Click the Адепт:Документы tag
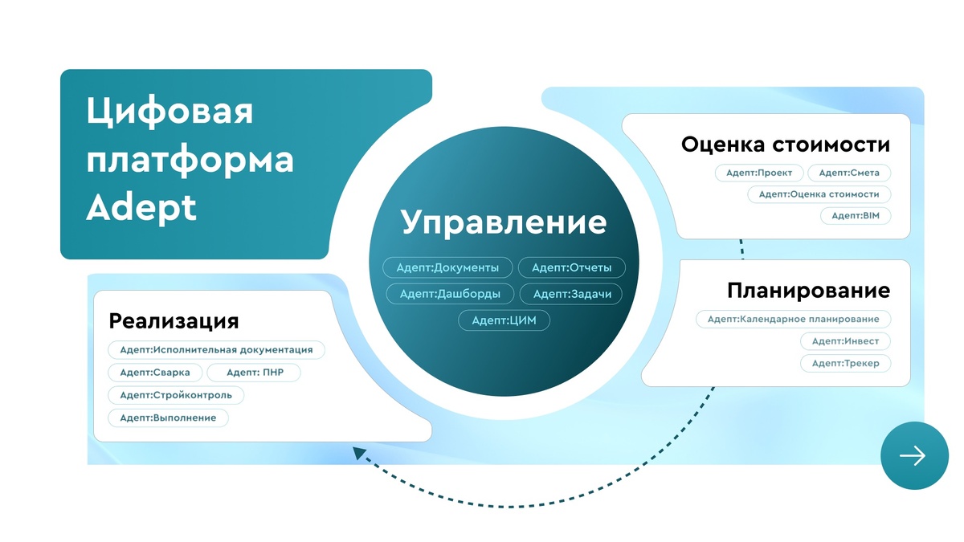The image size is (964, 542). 449,267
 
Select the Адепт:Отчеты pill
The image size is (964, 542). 572,267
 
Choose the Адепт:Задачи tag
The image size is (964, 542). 572,294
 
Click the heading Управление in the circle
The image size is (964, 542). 504,222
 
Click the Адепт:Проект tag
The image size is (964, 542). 758,173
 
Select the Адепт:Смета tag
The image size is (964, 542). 849,173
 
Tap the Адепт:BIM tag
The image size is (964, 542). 856,215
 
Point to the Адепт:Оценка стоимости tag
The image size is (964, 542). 819,194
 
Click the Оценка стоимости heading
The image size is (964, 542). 786,145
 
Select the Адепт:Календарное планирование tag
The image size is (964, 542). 793,319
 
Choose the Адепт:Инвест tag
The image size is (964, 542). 845,341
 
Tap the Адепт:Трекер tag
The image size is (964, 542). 845,363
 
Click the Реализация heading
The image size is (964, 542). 174,321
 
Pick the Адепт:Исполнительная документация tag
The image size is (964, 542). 216,349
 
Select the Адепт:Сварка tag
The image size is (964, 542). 155,373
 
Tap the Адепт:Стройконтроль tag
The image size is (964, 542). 176,395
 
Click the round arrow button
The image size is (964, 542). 913,455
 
